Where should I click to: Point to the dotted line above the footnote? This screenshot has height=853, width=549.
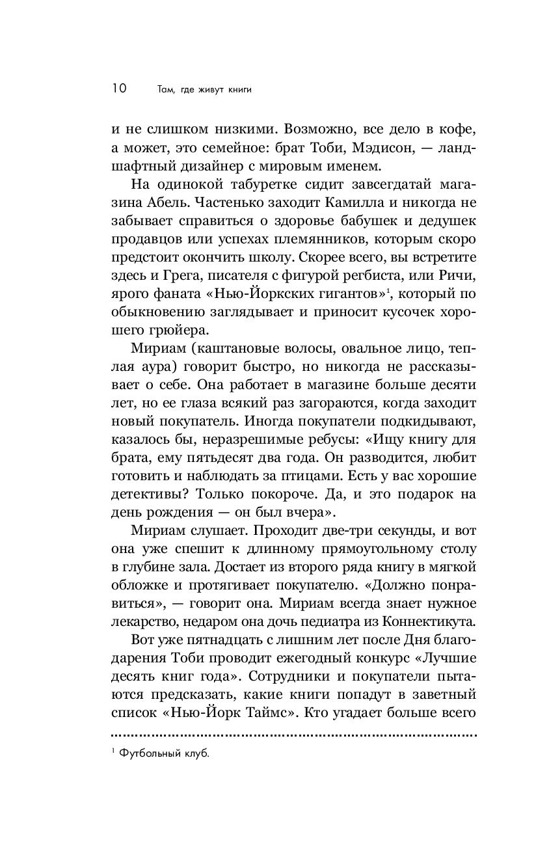pyautogui.click(x=293, y=736)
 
